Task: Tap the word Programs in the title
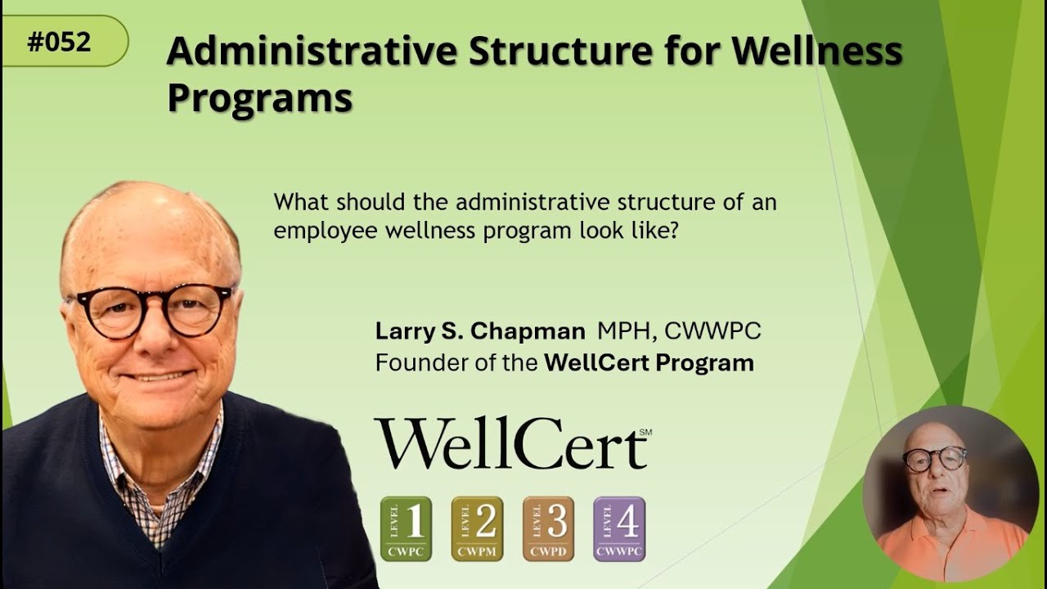click(x=259, y=98)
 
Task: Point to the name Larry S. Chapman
click(x=480, y=331)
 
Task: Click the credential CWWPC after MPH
click(x=712, y=331)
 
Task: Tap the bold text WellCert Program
click(x=649, y=362)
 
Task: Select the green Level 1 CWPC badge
click(x=406, y=528)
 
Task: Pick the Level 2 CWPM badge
click(x=477, y=528)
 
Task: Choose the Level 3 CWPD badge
click(x=548, y=528)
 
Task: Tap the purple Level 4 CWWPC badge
click(x=619, y=528)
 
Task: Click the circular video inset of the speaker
click(x=949, y=493)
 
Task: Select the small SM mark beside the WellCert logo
click(x=645, y=431)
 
